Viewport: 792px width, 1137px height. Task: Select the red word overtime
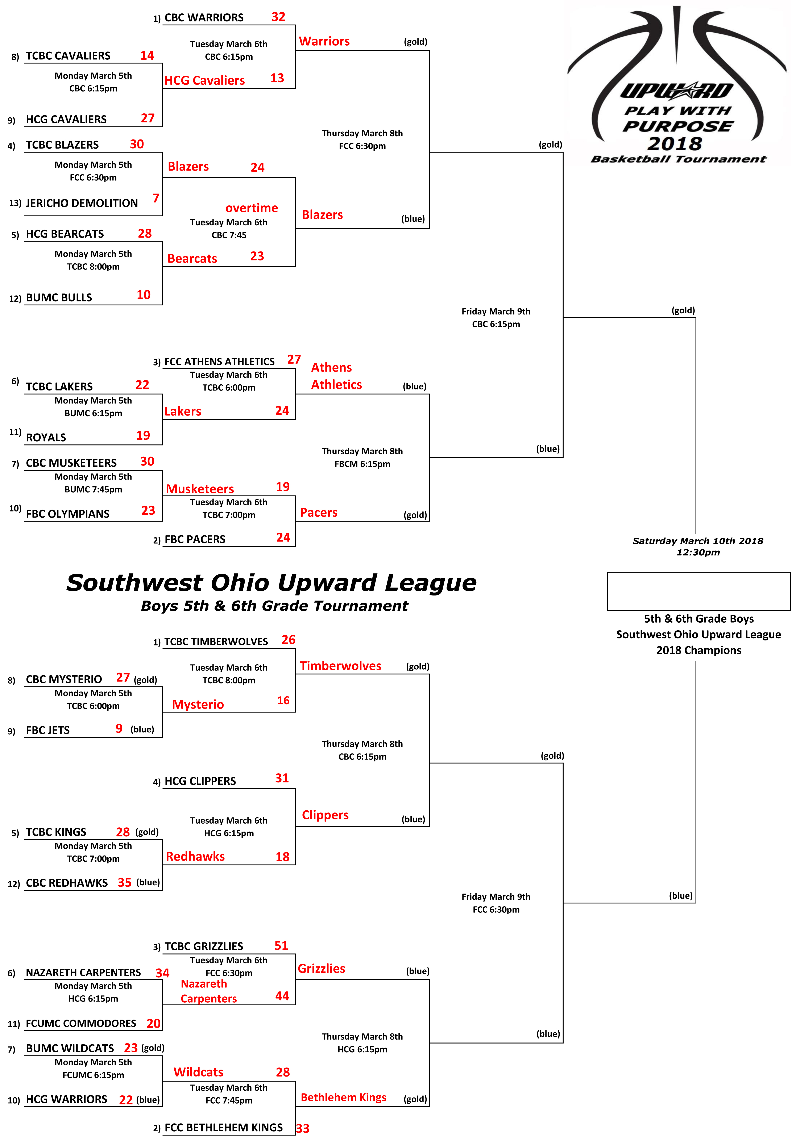252,208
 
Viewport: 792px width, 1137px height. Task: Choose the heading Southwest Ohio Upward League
271,583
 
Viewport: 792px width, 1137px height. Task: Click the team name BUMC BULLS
59,298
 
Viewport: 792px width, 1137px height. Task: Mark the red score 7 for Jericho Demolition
156,198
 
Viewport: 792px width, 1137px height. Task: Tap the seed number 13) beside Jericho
15,203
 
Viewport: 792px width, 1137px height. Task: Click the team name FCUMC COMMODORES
81,1024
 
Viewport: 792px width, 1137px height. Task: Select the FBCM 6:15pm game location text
362,464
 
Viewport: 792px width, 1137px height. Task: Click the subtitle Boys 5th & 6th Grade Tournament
274,606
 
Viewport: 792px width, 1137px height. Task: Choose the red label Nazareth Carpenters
208,991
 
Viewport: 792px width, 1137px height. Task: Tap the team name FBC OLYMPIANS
67,514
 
